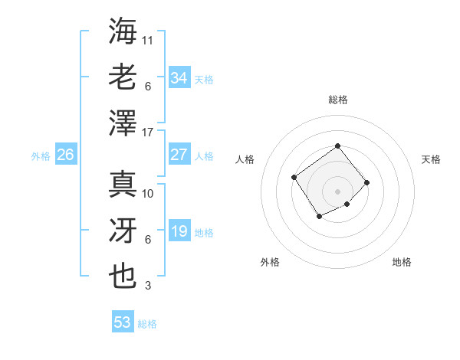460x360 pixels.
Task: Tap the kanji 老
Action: point(123,77)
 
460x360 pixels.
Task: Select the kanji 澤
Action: point(123,123)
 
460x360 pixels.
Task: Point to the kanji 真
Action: point(123,184)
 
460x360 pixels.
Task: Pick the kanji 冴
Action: point(123,230)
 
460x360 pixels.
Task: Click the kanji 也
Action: point(123,276)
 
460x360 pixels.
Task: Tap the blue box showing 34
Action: point(179,78)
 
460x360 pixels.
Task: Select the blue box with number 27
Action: point(179,155)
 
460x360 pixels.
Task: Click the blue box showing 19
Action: point(179,231)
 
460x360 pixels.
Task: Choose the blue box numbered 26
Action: point(65,155)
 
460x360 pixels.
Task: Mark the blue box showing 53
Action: point(123,322)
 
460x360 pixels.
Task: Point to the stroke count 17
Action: point(148,133)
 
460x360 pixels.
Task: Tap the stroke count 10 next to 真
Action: point(148,194)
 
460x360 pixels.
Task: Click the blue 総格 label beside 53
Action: point(147,324)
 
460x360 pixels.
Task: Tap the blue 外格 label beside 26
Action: point(41,156)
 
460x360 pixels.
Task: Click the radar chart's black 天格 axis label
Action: point(431,159)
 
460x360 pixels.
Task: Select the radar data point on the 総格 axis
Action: point(337,146)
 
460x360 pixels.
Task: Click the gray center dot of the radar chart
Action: point(337,191)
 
